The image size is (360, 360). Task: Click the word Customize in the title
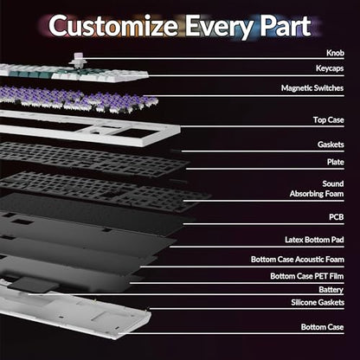(x=113, y=25)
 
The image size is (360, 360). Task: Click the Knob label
(x=335, y=53)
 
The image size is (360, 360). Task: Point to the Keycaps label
(x=330, y=68)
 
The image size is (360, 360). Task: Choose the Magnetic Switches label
(x=312, y=88)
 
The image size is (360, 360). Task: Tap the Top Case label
(x=329, y=119)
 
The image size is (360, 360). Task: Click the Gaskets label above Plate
(x=331, y=145)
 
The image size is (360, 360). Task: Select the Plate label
(x=336, y=162)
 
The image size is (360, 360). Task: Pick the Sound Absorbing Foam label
(x=317, y=189)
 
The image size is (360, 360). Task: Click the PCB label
(x=337, y=217)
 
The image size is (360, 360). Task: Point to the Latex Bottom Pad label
(x=314, y=240)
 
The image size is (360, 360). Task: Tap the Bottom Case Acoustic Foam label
(x=298, y=260)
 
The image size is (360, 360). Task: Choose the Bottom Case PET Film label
(x=307, y=276)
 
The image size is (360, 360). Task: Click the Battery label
(x=331, y=290)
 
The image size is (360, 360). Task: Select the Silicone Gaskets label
(x=318, y=302)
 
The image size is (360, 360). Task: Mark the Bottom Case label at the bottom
(x=322, y=327)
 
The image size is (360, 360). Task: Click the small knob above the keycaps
(x=77, y=60)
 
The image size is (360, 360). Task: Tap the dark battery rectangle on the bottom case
(x=33, y=284)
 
